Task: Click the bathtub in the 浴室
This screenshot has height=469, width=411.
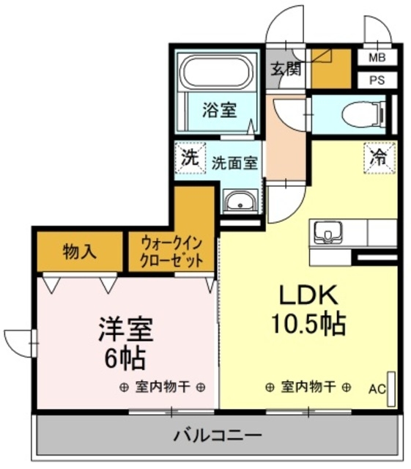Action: coord(218,73)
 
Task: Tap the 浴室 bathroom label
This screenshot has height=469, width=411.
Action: coord(218,111)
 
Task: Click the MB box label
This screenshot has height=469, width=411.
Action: coord(377,57)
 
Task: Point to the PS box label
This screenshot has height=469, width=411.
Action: coord(377,80)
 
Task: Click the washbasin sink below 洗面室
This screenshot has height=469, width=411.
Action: coord(240,200)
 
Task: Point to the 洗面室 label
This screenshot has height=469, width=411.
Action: coord(234,163)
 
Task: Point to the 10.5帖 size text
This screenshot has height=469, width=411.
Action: coord(307,324)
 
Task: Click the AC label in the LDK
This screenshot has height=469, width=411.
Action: coord(377,388)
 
